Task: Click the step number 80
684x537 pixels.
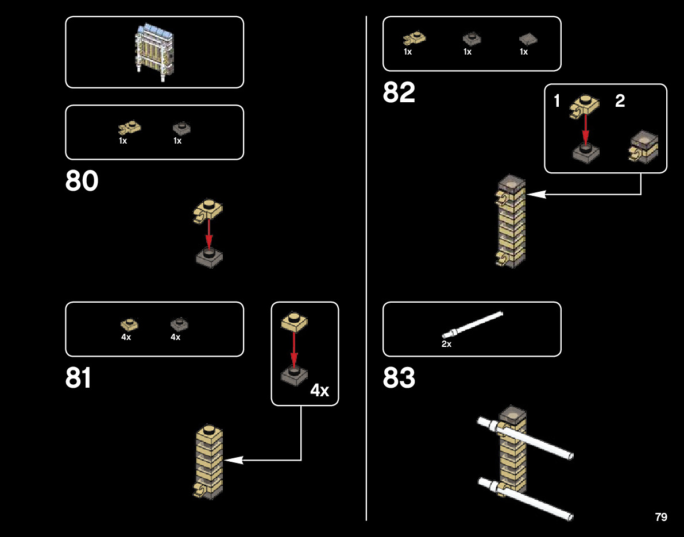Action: [82, 181]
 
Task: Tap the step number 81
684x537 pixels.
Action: [79, 378]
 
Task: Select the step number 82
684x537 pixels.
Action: [399, 92]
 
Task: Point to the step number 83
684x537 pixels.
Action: [399, 378]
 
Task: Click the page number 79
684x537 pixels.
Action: [660, 517]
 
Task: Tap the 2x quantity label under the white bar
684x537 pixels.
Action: [446, 344]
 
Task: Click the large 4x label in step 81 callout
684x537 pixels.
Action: [319, 391]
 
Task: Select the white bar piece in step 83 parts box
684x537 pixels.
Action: [472, 324]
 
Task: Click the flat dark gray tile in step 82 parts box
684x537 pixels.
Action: [527, 38]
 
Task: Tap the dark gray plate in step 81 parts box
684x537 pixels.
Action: [179, 324]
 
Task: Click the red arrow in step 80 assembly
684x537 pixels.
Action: [209, 233]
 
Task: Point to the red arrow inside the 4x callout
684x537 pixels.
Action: [294, 348]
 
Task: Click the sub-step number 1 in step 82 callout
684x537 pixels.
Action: [557, 102]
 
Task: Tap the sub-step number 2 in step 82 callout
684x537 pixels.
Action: [620, 102]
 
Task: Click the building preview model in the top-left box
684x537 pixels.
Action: [154, 52]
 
